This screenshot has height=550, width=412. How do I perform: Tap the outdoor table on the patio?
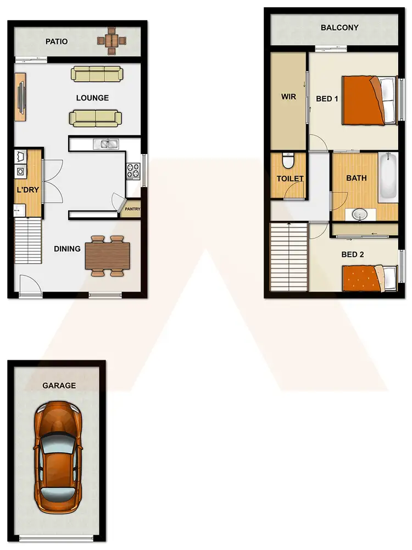pos(112,40)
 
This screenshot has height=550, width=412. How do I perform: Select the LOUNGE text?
pos(92,98)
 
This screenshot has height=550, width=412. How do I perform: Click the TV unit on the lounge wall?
pos(20,97)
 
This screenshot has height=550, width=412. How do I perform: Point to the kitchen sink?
pos(106,144)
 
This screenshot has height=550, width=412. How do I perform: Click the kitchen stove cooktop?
pos(133,171)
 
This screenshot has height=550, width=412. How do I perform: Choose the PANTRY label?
pos(132,209)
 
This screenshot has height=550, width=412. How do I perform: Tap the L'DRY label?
pos(27,190)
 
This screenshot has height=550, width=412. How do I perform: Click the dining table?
pos(107,256)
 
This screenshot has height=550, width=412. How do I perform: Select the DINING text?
pos(67,249)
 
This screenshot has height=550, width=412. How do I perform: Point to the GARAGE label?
pos(59,386)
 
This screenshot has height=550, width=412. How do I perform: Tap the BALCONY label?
pos(339,28)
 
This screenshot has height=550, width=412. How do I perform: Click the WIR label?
pos(288,97)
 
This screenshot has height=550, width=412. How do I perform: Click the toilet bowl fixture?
pos(288,161)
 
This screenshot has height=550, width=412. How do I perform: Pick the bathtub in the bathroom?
pos(388,177)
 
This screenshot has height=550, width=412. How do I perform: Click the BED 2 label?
pos(353,255)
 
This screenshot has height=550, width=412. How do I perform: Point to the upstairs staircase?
pos(289,257)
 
